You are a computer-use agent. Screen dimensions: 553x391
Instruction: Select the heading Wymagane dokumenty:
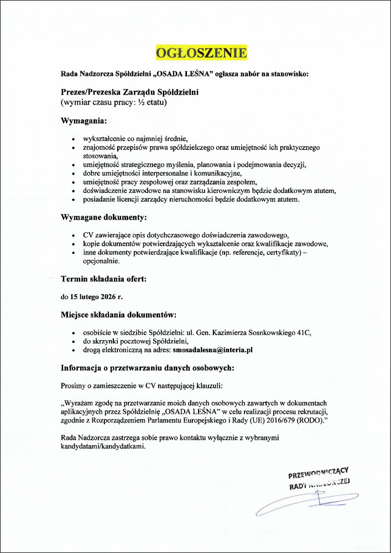[103, 217]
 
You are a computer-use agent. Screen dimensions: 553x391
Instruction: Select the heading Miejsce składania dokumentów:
[118, 315]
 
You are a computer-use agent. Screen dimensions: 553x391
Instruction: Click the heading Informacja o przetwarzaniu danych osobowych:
[148, 368]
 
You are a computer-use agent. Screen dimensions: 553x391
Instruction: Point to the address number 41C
[304, 332]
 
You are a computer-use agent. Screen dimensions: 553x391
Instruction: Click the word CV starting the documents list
[88, 234]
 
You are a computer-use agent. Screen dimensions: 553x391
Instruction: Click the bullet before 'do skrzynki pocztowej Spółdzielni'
[74, 342]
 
